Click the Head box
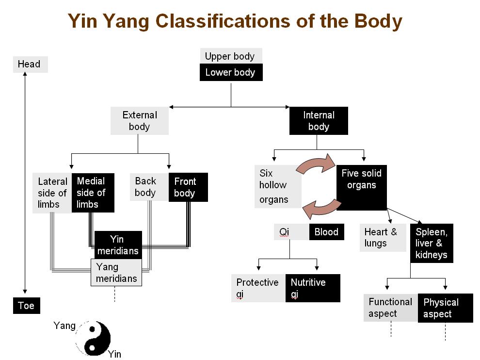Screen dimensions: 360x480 (30, 65)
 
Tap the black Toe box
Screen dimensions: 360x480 (27, 306)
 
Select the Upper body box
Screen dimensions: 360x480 (230, 56)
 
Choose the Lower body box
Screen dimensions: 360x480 (230, 73)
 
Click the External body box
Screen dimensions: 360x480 (140, 121)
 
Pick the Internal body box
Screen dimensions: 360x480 (319, 121)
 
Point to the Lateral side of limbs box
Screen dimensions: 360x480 (52, 193)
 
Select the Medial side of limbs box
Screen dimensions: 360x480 (93, 193)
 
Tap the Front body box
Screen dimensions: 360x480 (188, 187)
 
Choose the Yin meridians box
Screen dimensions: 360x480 (118, 245)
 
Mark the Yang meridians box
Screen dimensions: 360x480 (116, 272)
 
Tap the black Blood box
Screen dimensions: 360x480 (326, 232)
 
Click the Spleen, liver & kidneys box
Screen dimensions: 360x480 (432, 243)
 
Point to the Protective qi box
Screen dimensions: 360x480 (258, 288)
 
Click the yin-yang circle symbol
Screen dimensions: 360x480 (93, 338)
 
